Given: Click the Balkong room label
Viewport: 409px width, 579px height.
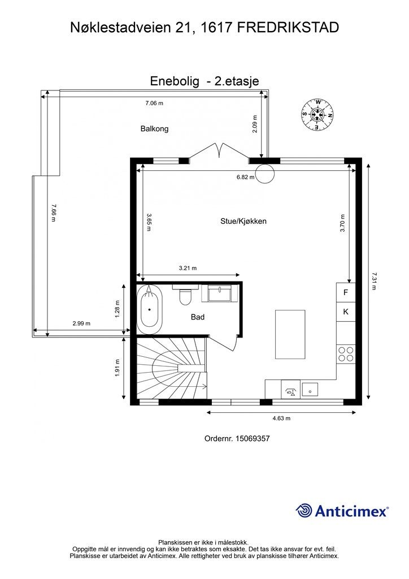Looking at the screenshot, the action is (154, 129).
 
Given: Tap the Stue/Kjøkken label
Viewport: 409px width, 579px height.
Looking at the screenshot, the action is (243, 222).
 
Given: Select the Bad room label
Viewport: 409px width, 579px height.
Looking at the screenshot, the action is (197, 317).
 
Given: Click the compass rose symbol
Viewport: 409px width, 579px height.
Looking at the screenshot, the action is (317, 114).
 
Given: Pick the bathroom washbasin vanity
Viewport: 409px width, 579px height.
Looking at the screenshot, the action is (219, 293).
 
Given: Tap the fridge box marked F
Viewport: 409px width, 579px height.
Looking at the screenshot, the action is (346, 292).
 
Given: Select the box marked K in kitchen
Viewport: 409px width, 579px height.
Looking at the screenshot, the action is (346, 312).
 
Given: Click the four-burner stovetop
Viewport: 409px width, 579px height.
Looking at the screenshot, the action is (346, 354).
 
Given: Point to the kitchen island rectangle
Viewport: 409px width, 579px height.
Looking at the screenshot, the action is (290, 334).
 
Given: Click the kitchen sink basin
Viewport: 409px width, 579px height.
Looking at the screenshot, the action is (310, 389).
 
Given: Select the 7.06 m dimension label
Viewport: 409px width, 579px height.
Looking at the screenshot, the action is (154, 103).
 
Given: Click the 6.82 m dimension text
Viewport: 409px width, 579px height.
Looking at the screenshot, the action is (246, 177).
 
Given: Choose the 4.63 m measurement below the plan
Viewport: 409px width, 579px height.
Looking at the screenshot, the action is (281, 418).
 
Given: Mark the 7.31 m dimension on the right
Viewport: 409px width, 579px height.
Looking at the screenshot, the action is (373, 281).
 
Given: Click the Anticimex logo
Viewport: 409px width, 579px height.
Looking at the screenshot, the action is (342, 511).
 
